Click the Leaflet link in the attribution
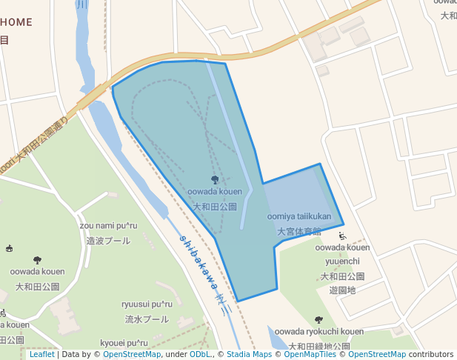41,354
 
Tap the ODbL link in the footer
201,354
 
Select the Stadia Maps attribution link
249,354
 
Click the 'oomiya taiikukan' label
299,217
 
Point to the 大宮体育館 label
299,231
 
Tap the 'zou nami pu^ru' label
108,225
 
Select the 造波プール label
108,240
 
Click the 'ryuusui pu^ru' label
147,304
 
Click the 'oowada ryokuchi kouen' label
319,332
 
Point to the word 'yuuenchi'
342,261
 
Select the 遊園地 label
343,290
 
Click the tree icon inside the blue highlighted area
215,179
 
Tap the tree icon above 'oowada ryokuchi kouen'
319,319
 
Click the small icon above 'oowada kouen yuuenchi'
342,236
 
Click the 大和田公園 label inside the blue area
215,207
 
